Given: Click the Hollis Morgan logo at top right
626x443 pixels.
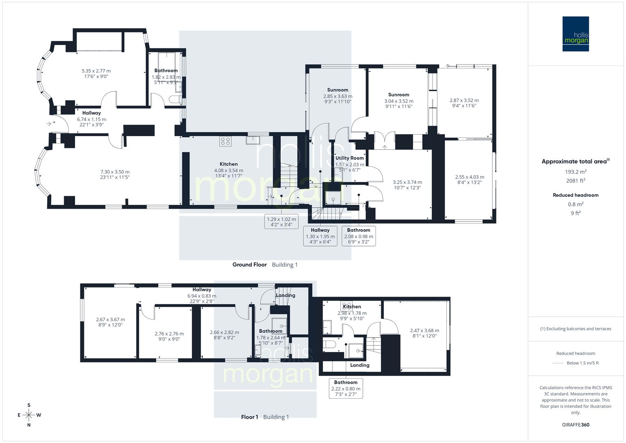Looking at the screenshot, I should point(575,34).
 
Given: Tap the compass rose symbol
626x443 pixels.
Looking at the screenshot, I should point(29,415).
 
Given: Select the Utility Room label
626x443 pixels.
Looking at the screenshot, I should point(349,158).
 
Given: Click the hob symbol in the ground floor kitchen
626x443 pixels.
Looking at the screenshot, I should point(225,141).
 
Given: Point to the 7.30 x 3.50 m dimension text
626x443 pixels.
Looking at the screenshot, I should point(115,172).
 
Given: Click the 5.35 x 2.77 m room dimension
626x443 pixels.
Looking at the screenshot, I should point(96,71).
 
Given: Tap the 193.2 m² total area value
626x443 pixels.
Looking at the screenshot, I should point(576,171).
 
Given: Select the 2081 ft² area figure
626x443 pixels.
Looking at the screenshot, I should point(576,180).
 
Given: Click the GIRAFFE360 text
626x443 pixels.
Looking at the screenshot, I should point(576,425).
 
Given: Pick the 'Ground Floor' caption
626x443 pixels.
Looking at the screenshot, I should point(249,265).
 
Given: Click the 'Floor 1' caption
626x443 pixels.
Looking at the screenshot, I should point(249,417).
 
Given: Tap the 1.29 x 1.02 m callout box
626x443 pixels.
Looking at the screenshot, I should point(281,222).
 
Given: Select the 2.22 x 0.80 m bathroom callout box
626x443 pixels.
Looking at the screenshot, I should point(346,388).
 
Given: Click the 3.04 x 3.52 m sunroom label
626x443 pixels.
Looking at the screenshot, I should point(398,101).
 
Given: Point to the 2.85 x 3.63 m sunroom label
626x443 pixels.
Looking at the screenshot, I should point(337,96).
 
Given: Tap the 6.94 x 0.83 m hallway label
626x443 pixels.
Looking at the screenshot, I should point(202,296).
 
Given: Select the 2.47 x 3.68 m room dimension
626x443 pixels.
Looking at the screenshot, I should point(424,330).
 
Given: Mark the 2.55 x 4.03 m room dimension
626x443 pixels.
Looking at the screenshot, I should point(469,177).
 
